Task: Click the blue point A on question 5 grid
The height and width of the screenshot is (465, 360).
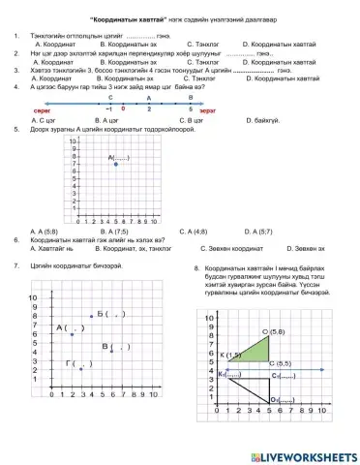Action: (x=116, y=165)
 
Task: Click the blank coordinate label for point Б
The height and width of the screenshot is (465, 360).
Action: (x=110, y=314)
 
